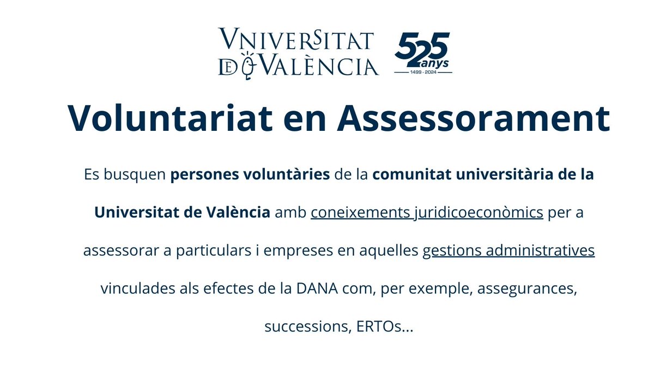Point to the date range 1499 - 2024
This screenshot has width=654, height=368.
[x=422, y=71]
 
